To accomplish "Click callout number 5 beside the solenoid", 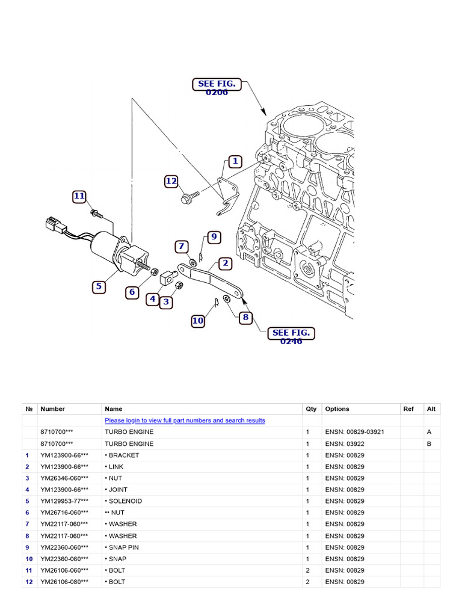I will tap(98, 287).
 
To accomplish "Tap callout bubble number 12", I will tap(171, 181).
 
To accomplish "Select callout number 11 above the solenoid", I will tap(79, 196).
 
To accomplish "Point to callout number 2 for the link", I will tap(225, 263).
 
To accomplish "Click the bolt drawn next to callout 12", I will tap(191, 196).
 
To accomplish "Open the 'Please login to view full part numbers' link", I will tap(185, 420).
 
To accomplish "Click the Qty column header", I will tap(311, 409).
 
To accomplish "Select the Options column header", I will tap(337, 409).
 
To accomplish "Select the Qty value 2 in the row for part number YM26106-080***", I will tap(307, 582).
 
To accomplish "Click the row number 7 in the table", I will tap(27, 524).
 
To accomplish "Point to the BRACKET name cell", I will tap(123, 455).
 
